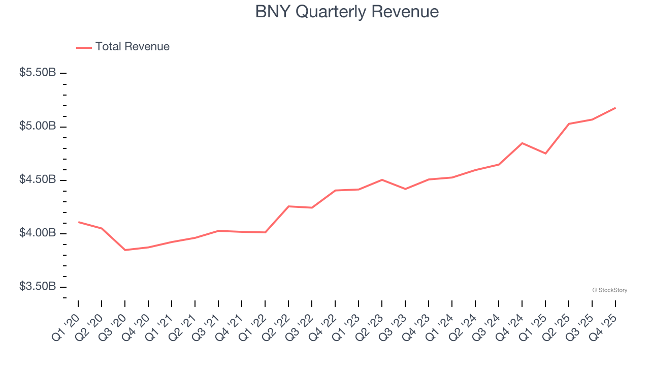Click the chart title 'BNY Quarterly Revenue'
(x=347, y=12)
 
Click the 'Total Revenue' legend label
(x=132, y=47)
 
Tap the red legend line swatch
(x=84, y=47)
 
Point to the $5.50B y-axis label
(x=38, y=73)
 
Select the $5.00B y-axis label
(x=38, y=126)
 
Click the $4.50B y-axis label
(x=38, y=180)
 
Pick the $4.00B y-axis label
(x=38, y=233)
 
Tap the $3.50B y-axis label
(x=38, y=287)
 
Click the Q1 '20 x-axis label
(x=67, y=325)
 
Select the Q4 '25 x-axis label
(x=604, y=325)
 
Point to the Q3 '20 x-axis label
(x=113, y=325)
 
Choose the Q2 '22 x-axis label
(x=277, y=325)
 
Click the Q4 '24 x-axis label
(x=510, y=325)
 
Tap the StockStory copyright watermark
(x=609, y=290)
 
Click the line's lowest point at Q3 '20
(x=125, y=250)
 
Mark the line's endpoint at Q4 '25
(x=615, y=108)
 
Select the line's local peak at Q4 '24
(x=522, y=143)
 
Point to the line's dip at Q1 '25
(x=545, y=154)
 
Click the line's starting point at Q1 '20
(x=78, y=222)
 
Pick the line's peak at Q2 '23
(x=382, y=179)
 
